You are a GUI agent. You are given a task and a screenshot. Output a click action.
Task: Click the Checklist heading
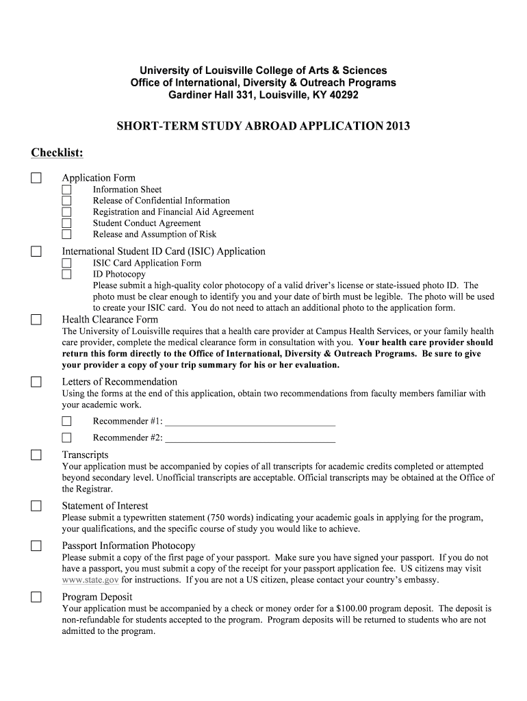click(x=57, y=151)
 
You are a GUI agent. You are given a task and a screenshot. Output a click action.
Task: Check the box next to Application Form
click(x=36, y=178)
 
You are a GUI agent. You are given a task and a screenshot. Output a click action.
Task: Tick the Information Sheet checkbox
click(x=66, y=190)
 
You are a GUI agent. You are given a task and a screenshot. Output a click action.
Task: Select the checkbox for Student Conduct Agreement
click(x=66, y=223)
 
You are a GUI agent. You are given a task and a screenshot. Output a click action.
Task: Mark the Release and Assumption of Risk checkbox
click(x=66, y=234)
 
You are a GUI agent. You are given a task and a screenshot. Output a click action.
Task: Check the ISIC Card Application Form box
click(x=66, y=263)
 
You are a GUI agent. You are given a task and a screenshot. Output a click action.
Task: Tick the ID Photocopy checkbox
click(x=66, y=275)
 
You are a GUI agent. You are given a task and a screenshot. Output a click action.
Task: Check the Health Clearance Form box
click(x=36, y=320)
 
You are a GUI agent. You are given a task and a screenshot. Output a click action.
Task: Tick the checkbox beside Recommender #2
click(x=66, y=437)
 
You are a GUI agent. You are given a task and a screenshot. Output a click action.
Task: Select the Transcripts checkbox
click(x=36, y=455)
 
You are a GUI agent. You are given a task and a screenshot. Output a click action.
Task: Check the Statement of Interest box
click(x=36, y=507)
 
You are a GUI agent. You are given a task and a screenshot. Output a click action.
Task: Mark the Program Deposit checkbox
click(x=36, y=597)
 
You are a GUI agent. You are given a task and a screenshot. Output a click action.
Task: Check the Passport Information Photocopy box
click(x=36, y=546)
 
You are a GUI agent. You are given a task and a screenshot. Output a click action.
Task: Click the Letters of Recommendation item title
click(x=119, y=381)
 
